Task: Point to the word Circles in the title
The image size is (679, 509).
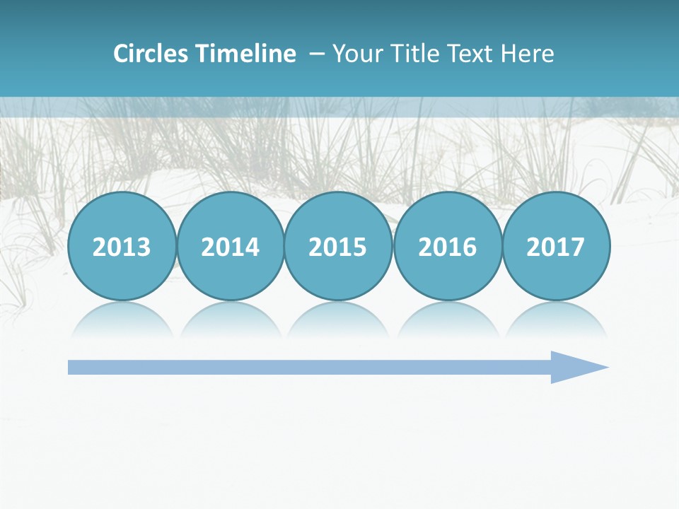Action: click(151, 54)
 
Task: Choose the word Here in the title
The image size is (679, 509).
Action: click(527, 54)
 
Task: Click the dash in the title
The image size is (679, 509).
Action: click(317, 54)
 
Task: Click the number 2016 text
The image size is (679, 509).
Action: click(447, 247)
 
